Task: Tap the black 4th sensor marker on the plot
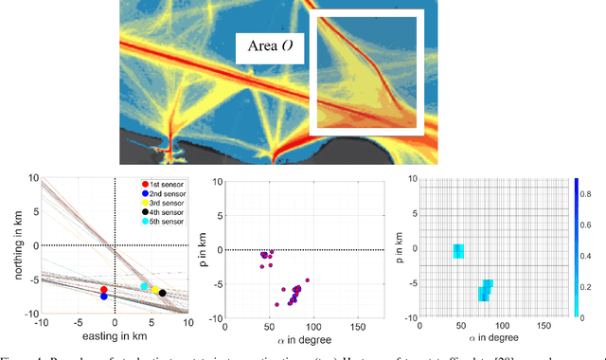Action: point(163,293)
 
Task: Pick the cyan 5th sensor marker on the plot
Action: point(145,286)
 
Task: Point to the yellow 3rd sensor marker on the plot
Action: point(155,289)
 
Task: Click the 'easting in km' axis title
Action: point(115,336)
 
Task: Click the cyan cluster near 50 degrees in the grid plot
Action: point(458,251)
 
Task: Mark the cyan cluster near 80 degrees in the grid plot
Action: point(486,289)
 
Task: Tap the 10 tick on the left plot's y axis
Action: point(32,178)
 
